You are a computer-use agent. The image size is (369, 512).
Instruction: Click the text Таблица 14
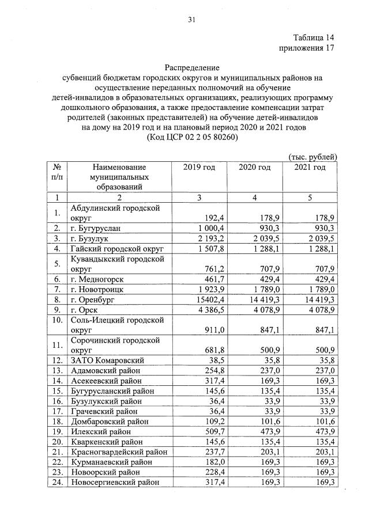(314, 37)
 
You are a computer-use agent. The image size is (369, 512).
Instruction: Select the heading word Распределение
(192, 67)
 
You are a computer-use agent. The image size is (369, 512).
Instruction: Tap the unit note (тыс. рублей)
(312, 157)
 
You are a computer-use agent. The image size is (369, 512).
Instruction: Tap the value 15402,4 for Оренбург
(209, 300)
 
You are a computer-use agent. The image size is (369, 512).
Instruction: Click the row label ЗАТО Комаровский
(107, 360)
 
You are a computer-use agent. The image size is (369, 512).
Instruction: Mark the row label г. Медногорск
(100, 279)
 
